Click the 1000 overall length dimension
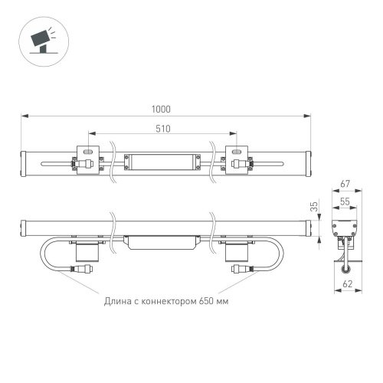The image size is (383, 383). point(161,110)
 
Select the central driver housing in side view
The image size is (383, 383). point(162,241)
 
